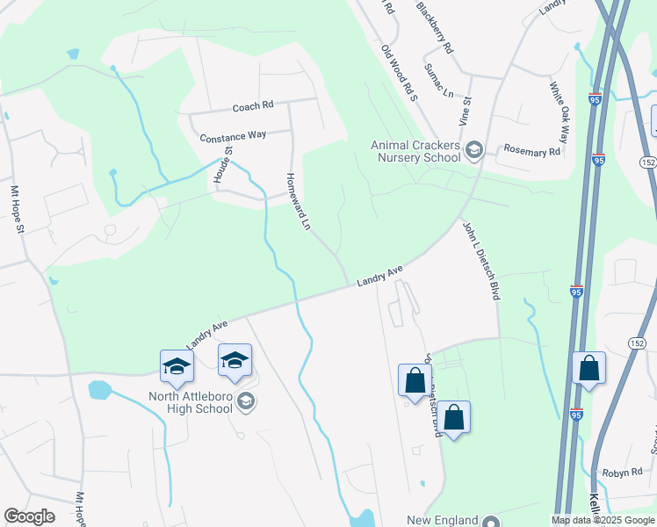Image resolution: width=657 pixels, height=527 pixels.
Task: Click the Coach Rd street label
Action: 253,106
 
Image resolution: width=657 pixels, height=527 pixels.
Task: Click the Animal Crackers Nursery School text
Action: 415,151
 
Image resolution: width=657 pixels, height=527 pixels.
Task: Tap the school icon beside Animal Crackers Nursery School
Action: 474,150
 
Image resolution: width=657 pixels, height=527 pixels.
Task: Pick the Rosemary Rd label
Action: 531,152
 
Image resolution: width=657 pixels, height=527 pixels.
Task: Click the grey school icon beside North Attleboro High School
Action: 247,401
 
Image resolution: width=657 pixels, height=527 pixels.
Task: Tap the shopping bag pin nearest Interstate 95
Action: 588,369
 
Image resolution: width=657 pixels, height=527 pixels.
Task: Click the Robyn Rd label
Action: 623,473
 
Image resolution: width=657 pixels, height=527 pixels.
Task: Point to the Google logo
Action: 29,516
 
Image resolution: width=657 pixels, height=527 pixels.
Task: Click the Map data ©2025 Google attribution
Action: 603,520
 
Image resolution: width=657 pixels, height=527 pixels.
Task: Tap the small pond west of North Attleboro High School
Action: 99,390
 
